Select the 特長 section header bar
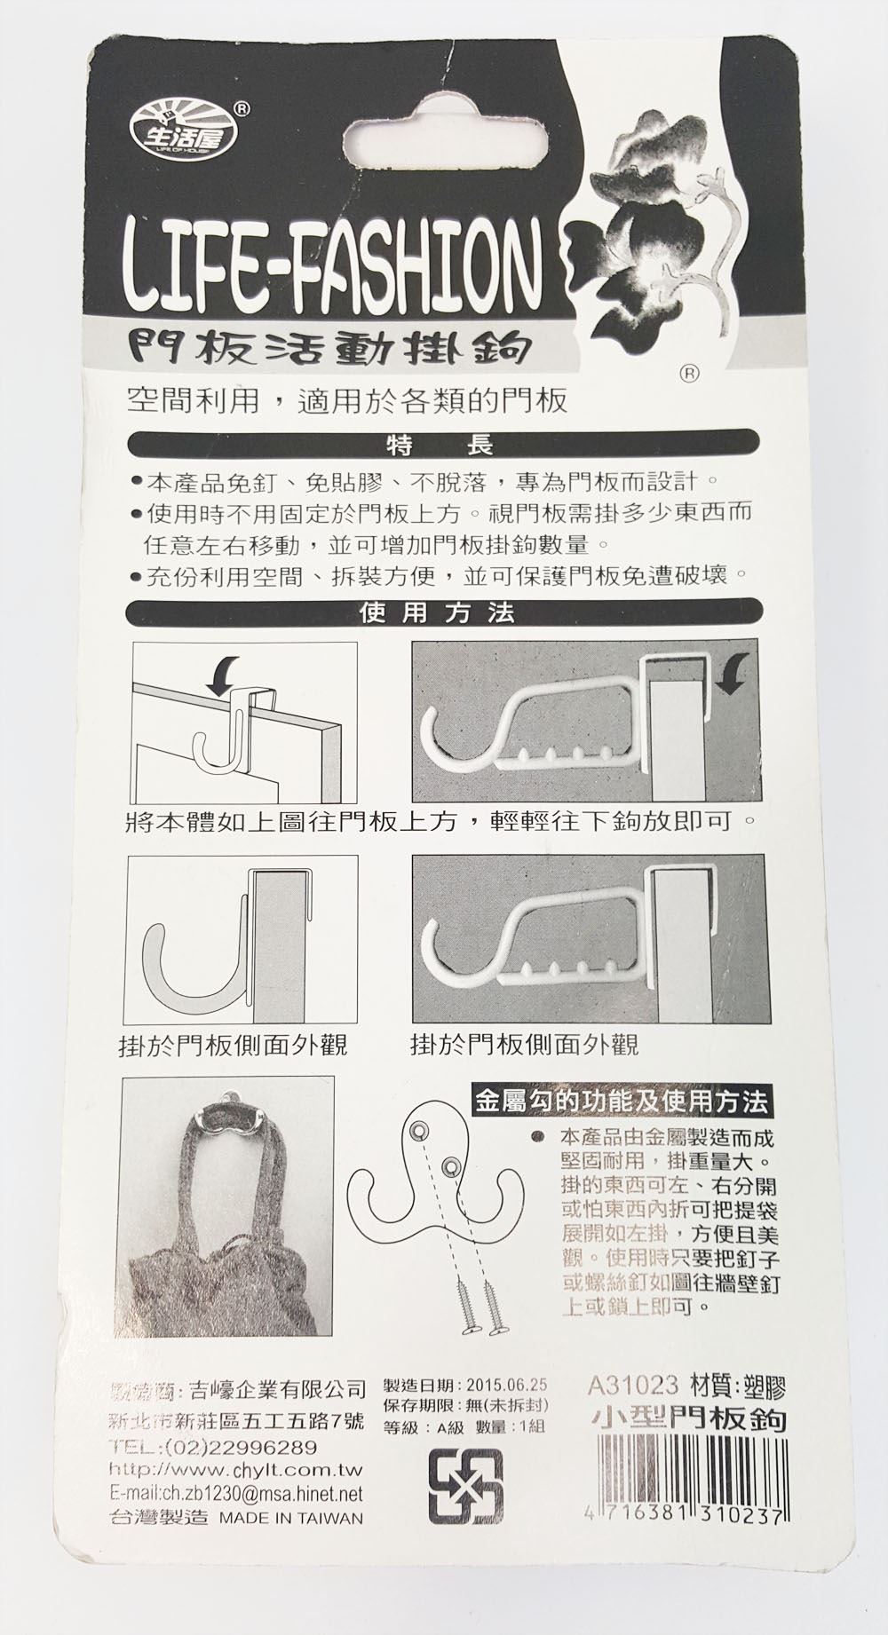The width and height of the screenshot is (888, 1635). click(x=443, y=443)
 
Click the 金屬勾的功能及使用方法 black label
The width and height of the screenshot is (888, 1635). click(x=621, y=1102)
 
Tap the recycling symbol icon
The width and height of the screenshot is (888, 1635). click(x=465, y=1487)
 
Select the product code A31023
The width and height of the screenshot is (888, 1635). click(x=634, y=1384)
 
